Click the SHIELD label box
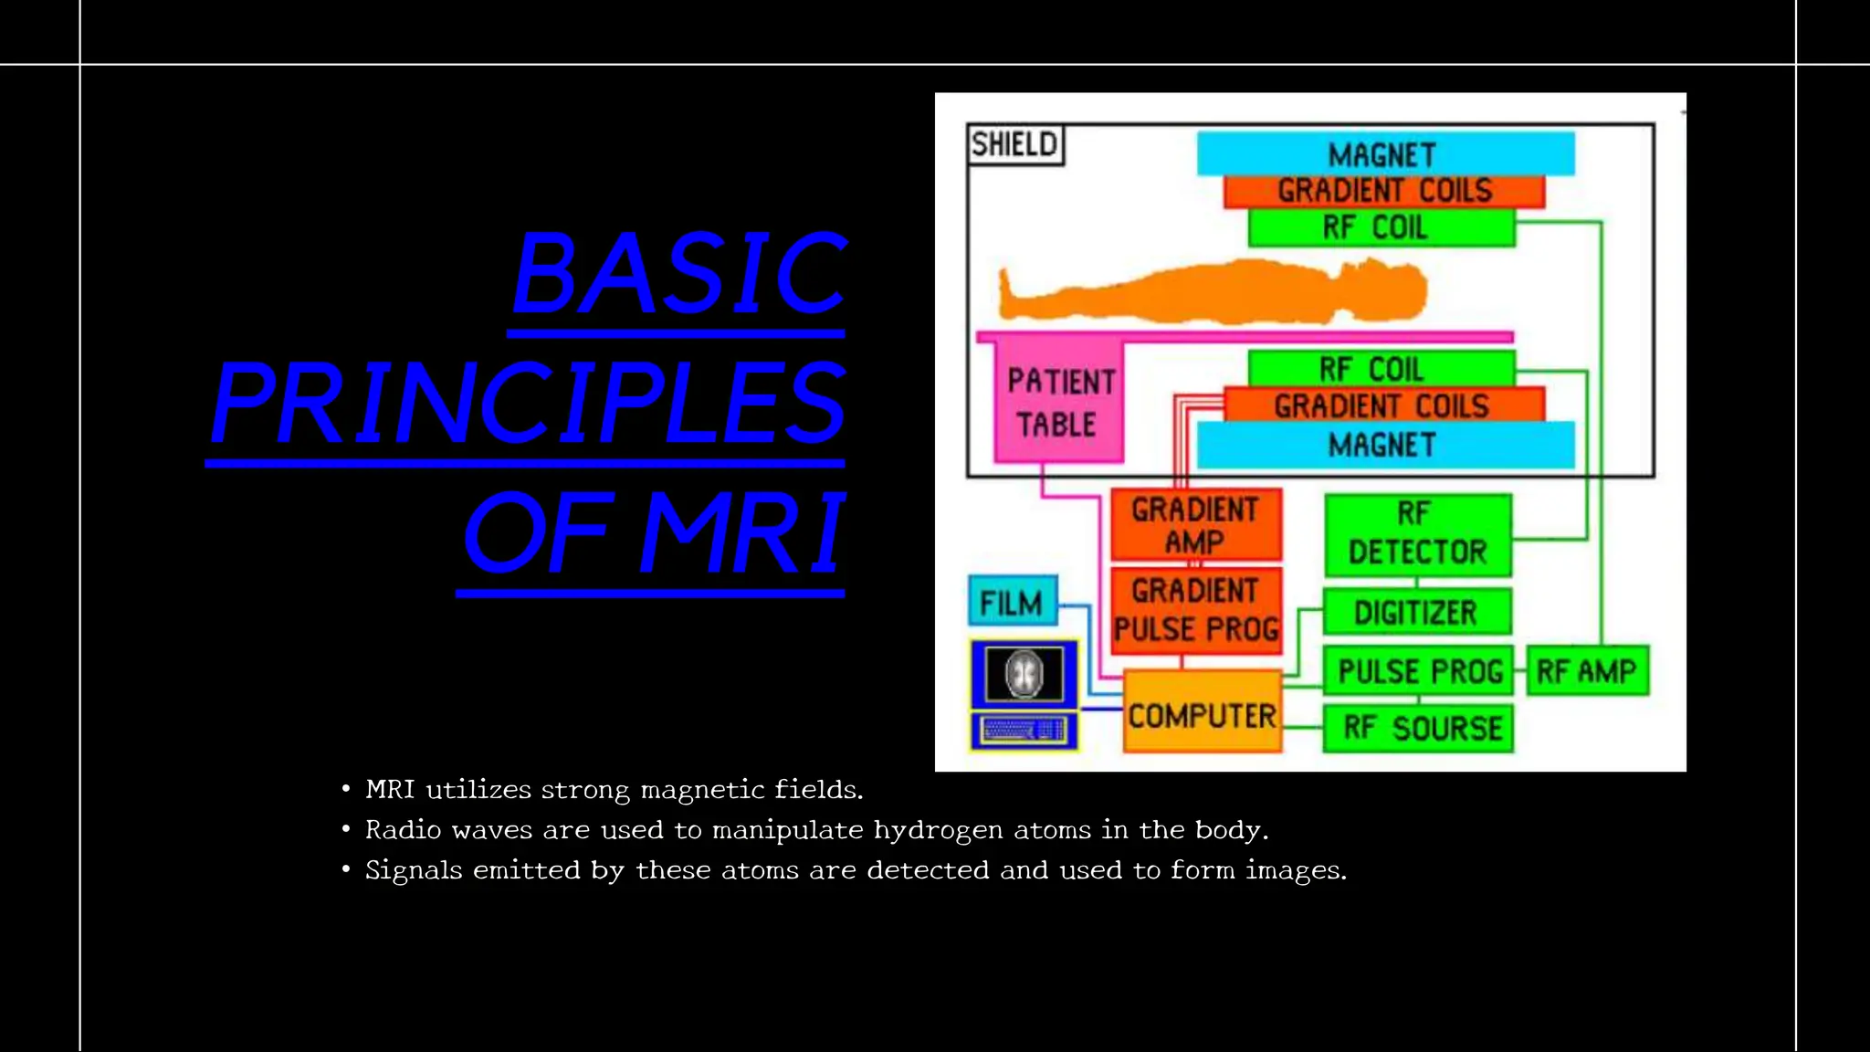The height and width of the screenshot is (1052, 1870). point(1014,144)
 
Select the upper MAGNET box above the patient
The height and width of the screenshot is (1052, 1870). point(1384,153)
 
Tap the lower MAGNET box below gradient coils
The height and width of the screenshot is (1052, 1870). point(1384,445)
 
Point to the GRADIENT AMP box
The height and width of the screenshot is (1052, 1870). point(1195,525)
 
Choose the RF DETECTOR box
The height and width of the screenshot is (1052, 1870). point(1417,534)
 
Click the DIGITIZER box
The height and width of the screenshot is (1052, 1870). point(1416,612)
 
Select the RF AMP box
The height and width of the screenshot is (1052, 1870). point(1587,671)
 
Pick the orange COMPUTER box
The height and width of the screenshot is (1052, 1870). point(1202,715)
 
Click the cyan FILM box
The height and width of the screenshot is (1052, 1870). point(1012,602)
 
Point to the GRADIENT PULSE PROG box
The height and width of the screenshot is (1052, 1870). point(1196,611)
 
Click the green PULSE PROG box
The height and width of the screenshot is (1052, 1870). point(1418,671)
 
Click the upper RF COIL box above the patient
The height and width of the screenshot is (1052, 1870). point(1381,227)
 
